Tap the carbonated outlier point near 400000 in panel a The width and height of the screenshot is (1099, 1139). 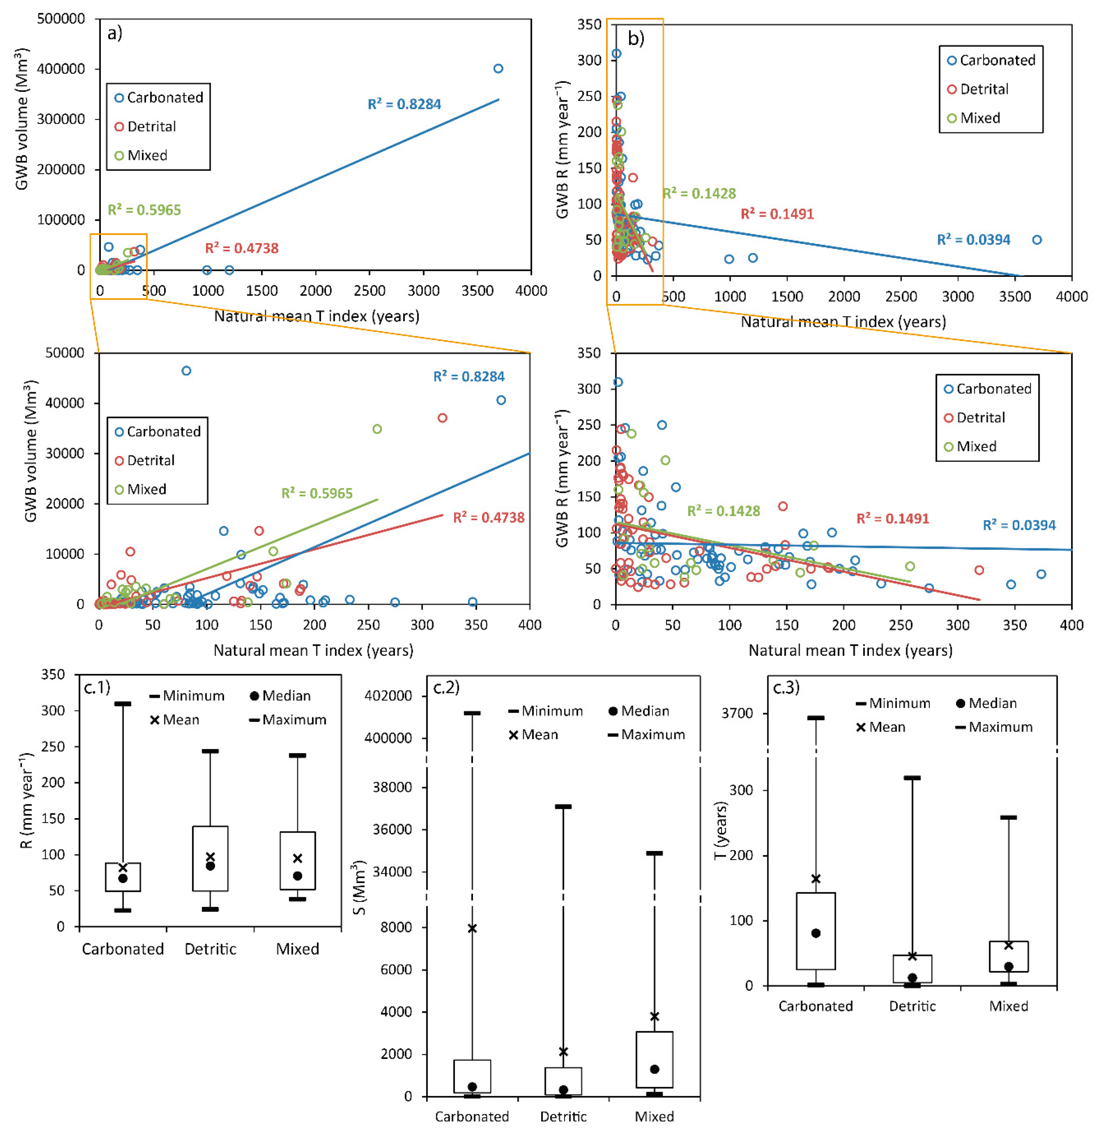tap(498, 69)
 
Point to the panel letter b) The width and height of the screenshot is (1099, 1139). tap(636, 39)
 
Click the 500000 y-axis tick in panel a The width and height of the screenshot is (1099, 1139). tap(61, 19)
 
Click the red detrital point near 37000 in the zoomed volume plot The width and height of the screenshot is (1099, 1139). tap(443, 418)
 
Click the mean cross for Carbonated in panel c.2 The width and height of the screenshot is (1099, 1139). tap(472, 928)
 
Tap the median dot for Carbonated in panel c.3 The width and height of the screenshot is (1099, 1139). tap(816, 933)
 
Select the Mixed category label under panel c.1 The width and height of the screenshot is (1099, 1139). tap(297, 949)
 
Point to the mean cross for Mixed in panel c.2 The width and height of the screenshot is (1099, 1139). tap(655, 1016)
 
